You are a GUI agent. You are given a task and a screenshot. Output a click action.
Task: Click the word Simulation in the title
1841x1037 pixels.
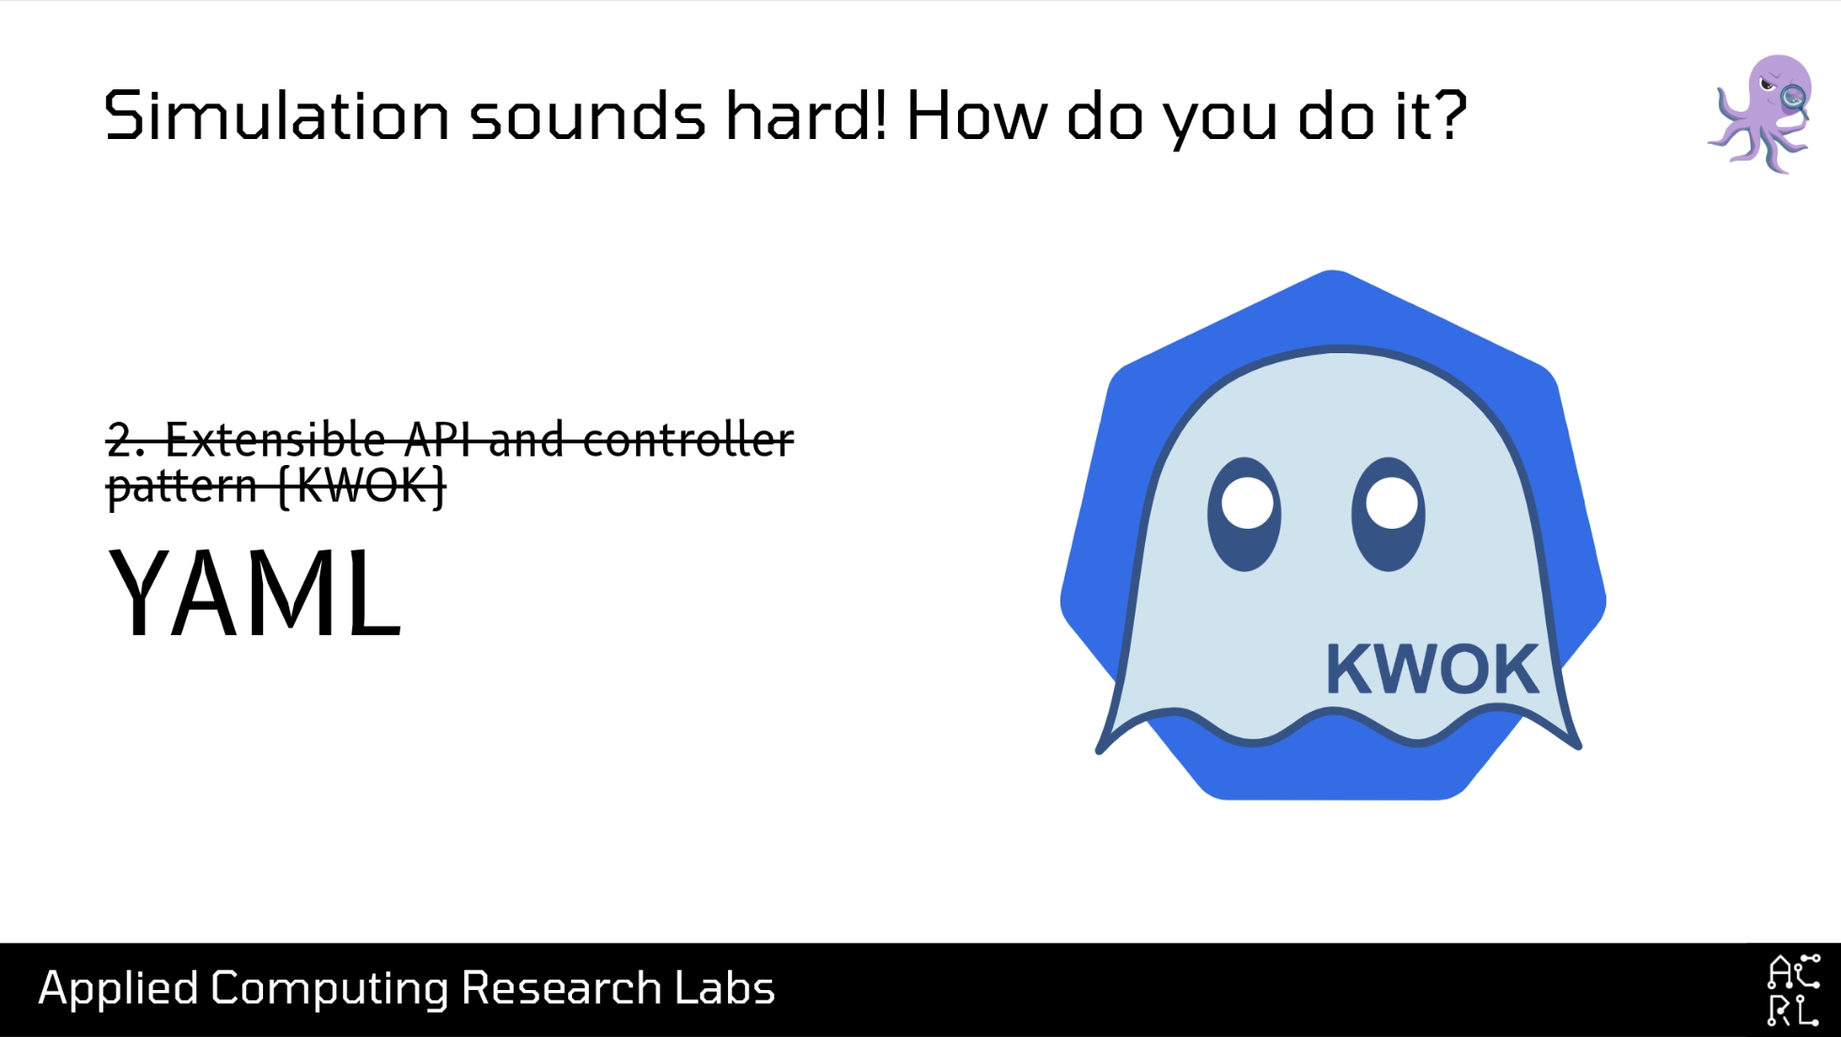[277, 116]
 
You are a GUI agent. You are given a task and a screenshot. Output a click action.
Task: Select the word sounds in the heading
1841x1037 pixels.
[588, 116]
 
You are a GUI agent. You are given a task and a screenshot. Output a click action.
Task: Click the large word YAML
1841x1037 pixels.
[255, 594]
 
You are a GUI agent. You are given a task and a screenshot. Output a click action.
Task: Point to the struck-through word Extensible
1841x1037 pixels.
[276, 439]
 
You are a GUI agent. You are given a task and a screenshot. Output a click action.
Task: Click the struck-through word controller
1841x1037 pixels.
[688, 439]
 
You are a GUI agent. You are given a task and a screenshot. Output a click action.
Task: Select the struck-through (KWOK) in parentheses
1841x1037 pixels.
[362, 486]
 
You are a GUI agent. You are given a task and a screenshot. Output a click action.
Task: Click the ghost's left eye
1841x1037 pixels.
[1245, 514]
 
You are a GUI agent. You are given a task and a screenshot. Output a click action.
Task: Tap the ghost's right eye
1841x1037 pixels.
[1388, 514]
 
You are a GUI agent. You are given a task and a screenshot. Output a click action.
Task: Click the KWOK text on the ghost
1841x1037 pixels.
[1432, 670]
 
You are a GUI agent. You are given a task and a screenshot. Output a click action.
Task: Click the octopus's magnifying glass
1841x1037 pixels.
[1795, 98]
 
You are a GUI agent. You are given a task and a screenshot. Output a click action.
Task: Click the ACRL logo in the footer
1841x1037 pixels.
[1793, 990]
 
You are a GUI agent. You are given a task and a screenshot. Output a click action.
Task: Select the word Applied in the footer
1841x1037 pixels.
[118, 989]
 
